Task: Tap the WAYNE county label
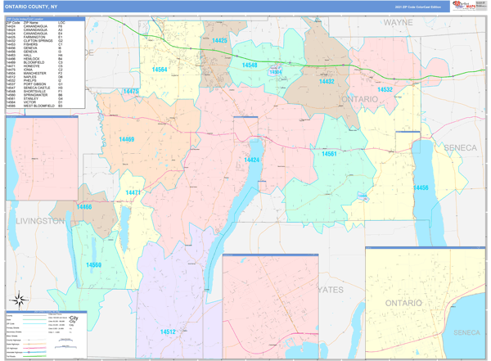pos(399,23)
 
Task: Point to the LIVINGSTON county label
pos(34,221)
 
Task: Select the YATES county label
pos(332,290)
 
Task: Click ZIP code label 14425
pos(220,40)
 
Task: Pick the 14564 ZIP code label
pos(160,70)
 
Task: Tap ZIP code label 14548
pos(250,65)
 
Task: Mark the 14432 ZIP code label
pos(327,82)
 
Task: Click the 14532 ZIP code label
pos(385,89)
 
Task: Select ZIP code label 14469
pos(126,140)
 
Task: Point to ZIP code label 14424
pos(251,160)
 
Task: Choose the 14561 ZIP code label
pos(329,154)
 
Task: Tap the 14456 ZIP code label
pos(421,188)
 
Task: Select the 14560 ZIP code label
pos(94,264)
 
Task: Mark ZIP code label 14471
pos(133,192)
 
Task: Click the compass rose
pos(16,299)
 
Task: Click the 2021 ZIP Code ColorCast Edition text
pos(419,6)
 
